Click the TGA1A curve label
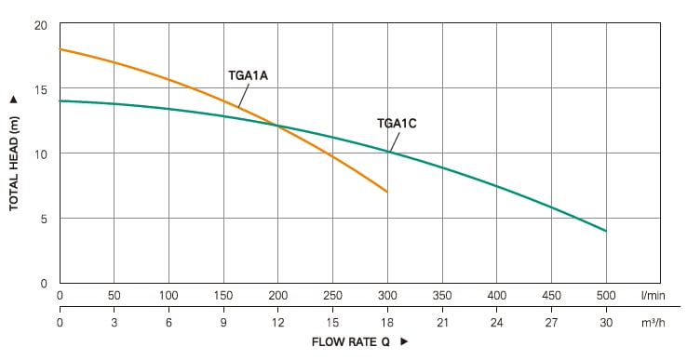248,75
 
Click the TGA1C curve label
397,124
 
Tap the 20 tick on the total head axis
41,25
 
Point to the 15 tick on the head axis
41,89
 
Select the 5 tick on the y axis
44,219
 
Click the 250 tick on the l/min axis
332,296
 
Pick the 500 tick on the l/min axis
606,296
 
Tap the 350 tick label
442,296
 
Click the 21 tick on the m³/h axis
442,323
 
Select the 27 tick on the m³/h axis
551,323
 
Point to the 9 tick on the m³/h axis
223,323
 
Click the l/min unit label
653,296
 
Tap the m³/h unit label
653,323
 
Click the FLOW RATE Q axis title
351,342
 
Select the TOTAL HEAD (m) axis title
14,164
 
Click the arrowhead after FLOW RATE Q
404,341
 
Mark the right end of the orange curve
387,192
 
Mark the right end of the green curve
606,231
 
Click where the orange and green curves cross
276,127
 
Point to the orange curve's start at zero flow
60,49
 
